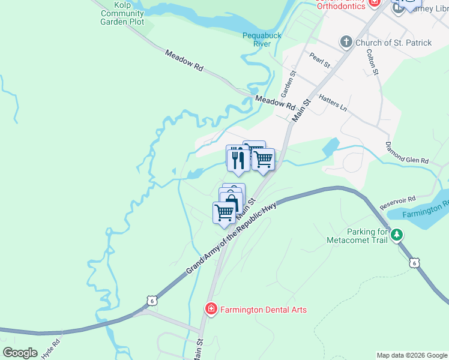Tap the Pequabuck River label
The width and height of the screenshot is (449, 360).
[262, 40]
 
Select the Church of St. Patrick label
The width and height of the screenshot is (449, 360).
[393, 43]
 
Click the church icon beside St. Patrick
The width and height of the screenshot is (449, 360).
[346, 42]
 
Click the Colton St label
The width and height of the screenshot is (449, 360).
[373, 62]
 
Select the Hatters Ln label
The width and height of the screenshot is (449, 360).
[333, 102]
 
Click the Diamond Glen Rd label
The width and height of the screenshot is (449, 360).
[407, 153]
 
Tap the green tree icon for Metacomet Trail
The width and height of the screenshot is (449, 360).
[397, 235]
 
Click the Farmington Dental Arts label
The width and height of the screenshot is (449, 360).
[263, 310]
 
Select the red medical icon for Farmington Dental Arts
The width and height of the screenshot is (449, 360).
[211, 310]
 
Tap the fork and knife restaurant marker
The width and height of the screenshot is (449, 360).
[237, 158]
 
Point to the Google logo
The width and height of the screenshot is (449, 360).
[20, 353]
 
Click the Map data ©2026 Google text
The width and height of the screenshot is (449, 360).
[412, 355]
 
